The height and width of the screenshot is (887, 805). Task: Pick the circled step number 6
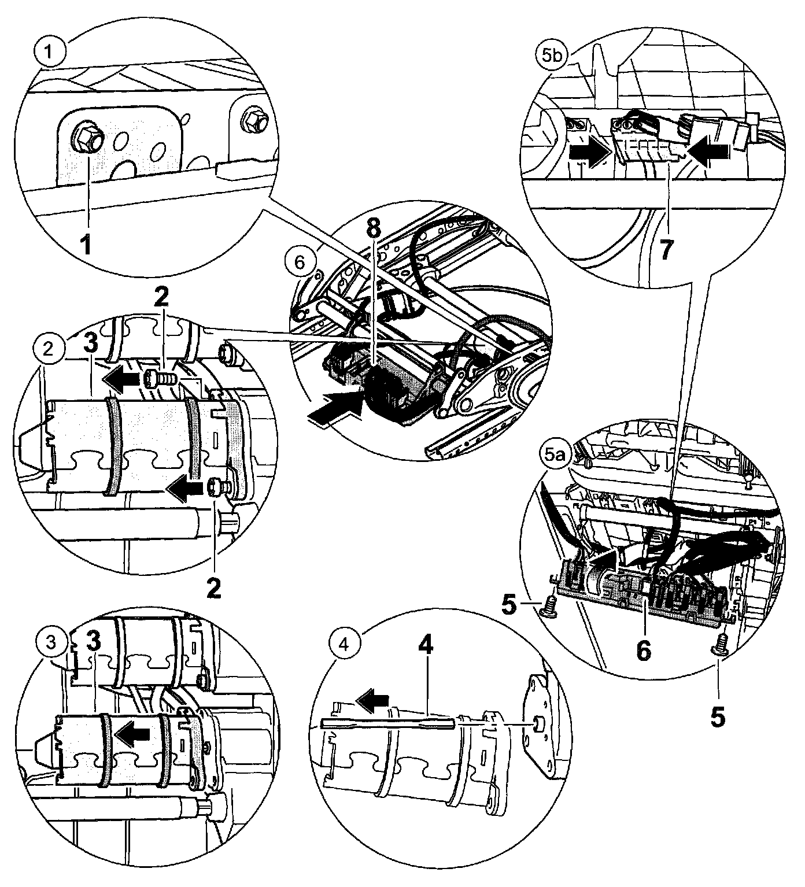coord(298,263)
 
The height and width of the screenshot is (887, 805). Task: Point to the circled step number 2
coord(48,349)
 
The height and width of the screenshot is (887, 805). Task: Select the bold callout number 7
coord(666,250)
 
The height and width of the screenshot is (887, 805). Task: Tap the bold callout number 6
coord(643,650)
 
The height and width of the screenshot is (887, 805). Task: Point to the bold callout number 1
coord(86,245)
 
